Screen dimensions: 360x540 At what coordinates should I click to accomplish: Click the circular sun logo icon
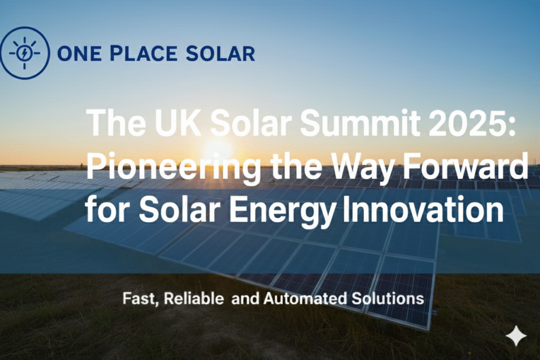(x=25, y=53)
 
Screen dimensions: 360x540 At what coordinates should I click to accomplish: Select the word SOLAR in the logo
(x=227, y=53)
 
